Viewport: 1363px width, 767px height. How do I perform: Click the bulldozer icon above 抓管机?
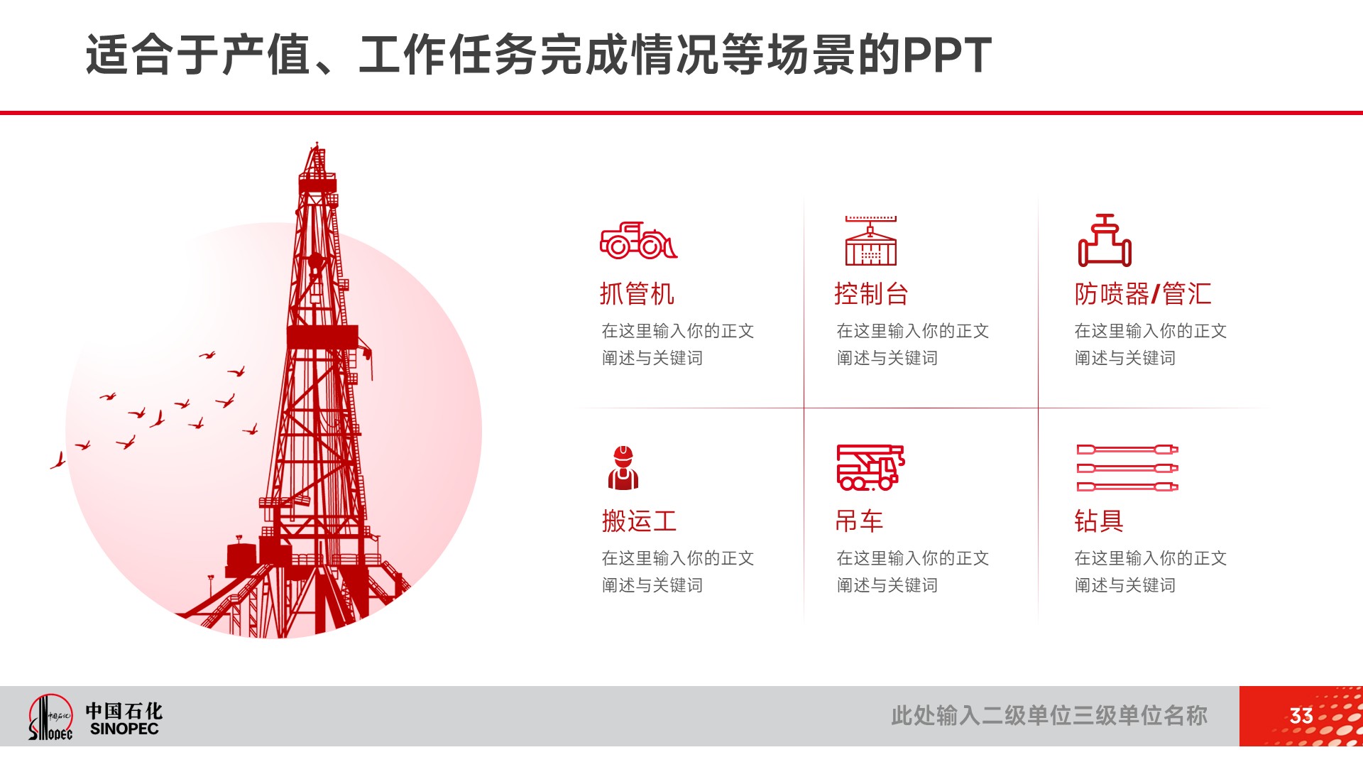click(638, 240)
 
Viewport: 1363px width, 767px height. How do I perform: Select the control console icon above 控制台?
click(870, 241)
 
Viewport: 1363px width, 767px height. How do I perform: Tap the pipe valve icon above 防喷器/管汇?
click(1105, 240)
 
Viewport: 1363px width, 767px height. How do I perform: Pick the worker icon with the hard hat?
click(623, 468)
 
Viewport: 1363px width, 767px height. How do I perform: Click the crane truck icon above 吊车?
click(870, 467)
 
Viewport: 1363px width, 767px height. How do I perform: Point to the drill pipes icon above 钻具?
click(1127, 468)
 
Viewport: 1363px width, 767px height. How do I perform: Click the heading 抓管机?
click(637, 294)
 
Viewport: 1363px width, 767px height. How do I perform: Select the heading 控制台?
click(871, 294)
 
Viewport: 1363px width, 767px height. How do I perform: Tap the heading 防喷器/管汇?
click(1143, 294)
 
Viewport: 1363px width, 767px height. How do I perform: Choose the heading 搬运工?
click(639, 521)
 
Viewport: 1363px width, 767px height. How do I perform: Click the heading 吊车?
click(859, 521)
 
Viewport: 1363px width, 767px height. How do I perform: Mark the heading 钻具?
click(1099, 521)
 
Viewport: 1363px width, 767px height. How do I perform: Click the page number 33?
click(1301, 716)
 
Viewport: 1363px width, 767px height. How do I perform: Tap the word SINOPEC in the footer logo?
click(124, 729)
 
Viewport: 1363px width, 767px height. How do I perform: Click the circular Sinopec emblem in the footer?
click(50, 717)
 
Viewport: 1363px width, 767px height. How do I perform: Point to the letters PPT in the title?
click(946, 55)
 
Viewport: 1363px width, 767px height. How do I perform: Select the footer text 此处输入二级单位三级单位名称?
click(1049, 716)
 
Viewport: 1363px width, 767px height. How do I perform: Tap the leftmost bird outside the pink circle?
click(58, 461)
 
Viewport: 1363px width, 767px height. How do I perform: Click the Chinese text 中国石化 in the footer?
click(124, 711)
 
